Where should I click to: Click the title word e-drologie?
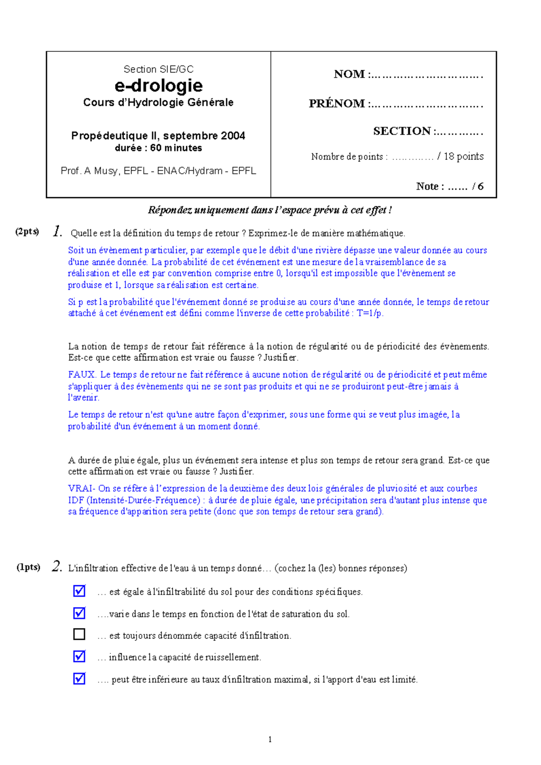tap(159, 86)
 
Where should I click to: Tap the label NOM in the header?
tap(349, 74)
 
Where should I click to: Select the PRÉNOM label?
tap(337, 104)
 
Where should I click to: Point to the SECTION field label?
tap(402, 131)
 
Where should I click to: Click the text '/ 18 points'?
tap(460, 156)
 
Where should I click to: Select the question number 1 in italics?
tap(57, 232)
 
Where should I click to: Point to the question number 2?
tap(57, 566)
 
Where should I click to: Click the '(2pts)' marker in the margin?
tap(27, 232)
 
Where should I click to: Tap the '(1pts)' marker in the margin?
tap(28, 567)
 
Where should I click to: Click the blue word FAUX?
tap(82, 374)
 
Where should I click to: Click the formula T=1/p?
tap(370, 313)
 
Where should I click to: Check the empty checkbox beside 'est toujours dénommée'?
tap(79, 634)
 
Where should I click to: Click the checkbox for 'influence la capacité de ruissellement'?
tap(79, 656)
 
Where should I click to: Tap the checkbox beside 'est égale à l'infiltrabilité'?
tap(79, 591)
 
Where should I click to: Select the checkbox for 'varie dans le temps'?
tap(79, 613)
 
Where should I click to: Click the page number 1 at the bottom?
tap(270, 739)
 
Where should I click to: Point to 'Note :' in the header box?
tap(430, 187)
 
